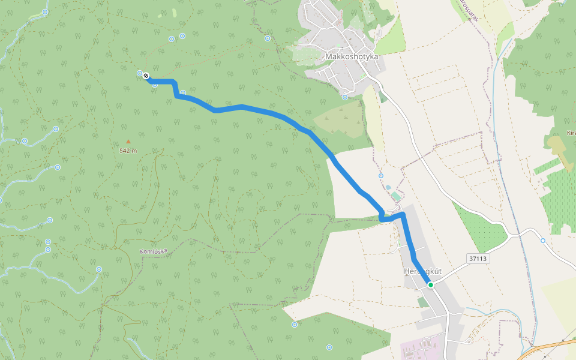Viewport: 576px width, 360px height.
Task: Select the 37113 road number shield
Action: [x=478, y=258]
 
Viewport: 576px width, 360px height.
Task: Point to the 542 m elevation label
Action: [x=128, y=151]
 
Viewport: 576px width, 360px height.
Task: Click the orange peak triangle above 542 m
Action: [x=128, y=142]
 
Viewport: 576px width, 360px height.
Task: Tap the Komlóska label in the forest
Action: [x=154, y=251]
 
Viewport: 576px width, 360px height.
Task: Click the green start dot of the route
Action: [x=431, y=284]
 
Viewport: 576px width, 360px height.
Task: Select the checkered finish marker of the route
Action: [x=146, y=76]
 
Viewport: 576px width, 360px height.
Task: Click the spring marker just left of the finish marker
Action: [x=140, y=73]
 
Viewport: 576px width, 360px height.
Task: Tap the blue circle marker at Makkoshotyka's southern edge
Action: [x=345, y=97]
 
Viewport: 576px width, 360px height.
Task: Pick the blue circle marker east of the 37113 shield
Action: [x=543, y=241]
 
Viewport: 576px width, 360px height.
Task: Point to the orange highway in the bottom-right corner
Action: [x=549, y=348]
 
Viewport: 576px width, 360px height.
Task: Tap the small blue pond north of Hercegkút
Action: [x=389, y=187]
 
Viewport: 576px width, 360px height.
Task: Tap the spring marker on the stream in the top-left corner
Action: [x=46, y=11]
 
